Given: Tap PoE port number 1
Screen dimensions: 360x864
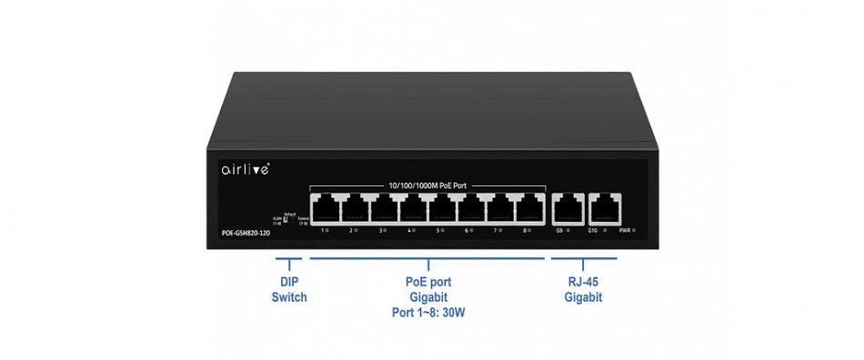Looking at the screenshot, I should pyautogui.click(x=325, y=208).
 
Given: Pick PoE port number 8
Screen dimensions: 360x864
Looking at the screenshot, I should pyautogui.click(x=529, y=208).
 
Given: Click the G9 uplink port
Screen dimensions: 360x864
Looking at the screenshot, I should pyautogui.click(x=568, y=208).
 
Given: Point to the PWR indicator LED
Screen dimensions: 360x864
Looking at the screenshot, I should pyautogui.click(x=634, y=231).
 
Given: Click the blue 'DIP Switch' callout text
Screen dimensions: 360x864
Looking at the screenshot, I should pyautogui.click(x=289, y=290).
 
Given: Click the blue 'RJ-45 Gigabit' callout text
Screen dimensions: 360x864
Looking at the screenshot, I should pyautogui.click(x=583, y=290).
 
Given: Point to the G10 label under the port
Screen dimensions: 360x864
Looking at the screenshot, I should pyautogui.click(x=591, y=231).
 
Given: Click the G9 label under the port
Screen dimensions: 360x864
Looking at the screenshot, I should pyautogui.click(x=559, y=231).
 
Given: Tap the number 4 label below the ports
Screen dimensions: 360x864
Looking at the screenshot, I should pyautogui.click(x=409, y=231).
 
